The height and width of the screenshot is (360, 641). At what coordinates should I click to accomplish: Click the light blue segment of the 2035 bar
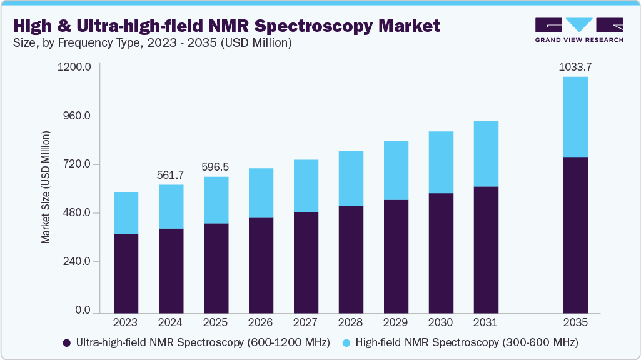[x=575, y=117]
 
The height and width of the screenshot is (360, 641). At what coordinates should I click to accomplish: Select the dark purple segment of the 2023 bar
[x=126, y=273]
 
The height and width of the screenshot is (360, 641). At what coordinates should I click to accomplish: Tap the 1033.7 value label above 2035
[x=575, y=66]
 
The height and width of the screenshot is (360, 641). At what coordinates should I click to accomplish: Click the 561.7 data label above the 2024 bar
[x=171, y=174]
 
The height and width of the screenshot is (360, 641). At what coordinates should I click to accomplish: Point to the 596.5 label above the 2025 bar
[x=216, y=167]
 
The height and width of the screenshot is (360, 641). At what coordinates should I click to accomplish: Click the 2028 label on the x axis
[x=350, y=323]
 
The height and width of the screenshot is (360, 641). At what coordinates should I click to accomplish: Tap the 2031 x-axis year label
[x=485, y=323]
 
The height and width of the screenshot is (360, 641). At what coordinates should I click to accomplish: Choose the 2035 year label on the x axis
[x=575, y=323]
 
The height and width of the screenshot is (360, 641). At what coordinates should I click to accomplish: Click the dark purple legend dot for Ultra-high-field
[x=66, y=343]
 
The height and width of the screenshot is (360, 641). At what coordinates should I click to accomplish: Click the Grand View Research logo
[x=578, y=29]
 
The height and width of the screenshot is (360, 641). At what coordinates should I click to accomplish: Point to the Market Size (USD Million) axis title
[x=46, y=187]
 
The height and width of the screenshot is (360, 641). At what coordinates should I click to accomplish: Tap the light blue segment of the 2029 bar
[x=396, y=171]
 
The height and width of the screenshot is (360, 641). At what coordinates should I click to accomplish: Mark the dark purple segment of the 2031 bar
[x=485, y=250]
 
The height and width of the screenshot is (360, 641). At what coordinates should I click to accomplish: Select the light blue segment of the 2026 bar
[x=261, y=193]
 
